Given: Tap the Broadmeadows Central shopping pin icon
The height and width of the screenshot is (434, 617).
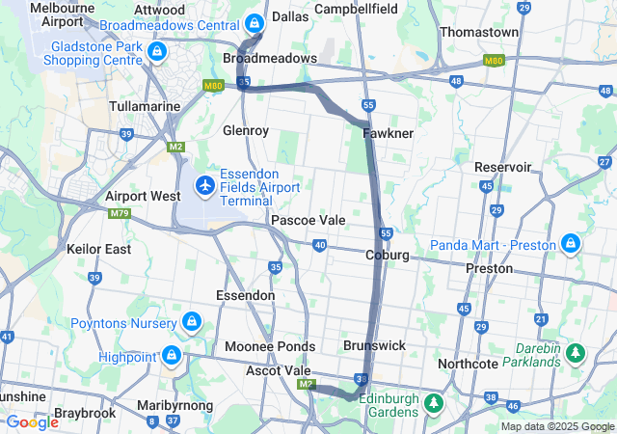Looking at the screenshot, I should point(254,22).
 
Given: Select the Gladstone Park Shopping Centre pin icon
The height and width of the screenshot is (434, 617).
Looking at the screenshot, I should point(157,50).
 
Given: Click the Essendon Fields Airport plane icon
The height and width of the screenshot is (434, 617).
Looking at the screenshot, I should point(204,183).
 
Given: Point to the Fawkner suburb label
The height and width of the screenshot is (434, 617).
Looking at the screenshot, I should point(388,132).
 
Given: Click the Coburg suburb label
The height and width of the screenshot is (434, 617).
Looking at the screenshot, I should point(388,255).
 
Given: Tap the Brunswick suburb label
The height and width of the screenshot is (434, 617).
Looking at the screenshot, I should point(374,344).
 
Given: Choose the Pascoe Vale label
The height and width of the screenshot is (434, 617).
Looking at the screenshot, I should point(308,220).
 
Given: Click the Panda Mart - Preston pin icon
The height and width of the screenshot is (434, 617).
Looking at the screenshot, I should point(571,244).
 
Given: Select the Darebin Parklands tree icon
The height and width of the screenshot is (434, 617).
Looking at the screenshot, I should point(576,354).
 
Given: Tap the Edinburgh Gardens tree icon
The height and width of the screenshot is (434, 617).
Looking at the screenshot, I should point(434,400).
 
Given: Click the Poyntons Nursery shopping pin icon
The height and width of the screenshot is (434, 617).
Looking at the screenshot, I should point(192,321).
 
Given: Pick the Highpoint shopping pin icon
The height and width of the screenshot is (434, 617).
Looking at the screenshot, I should point(172,357).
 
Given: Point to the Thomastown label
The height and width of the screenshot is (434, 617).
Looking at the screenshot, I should point(479,32).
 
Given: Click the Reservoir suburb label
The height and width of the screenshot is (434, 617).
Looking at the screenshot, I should point(502,167).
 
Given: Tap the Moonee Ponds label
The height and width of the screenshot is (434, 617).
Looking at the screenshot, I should point(270,346).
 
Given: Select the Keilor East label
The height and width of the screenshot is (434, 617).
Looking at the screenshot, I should point(98,249).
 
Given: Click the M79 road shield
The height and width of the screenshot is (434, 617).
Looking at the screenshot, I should point(120,213).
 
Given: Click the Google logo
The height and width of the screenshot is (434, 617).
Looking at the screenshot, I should point(32,422).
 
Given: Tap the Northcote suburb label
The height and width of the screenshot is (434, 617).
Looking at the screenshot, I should point(468,364).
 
